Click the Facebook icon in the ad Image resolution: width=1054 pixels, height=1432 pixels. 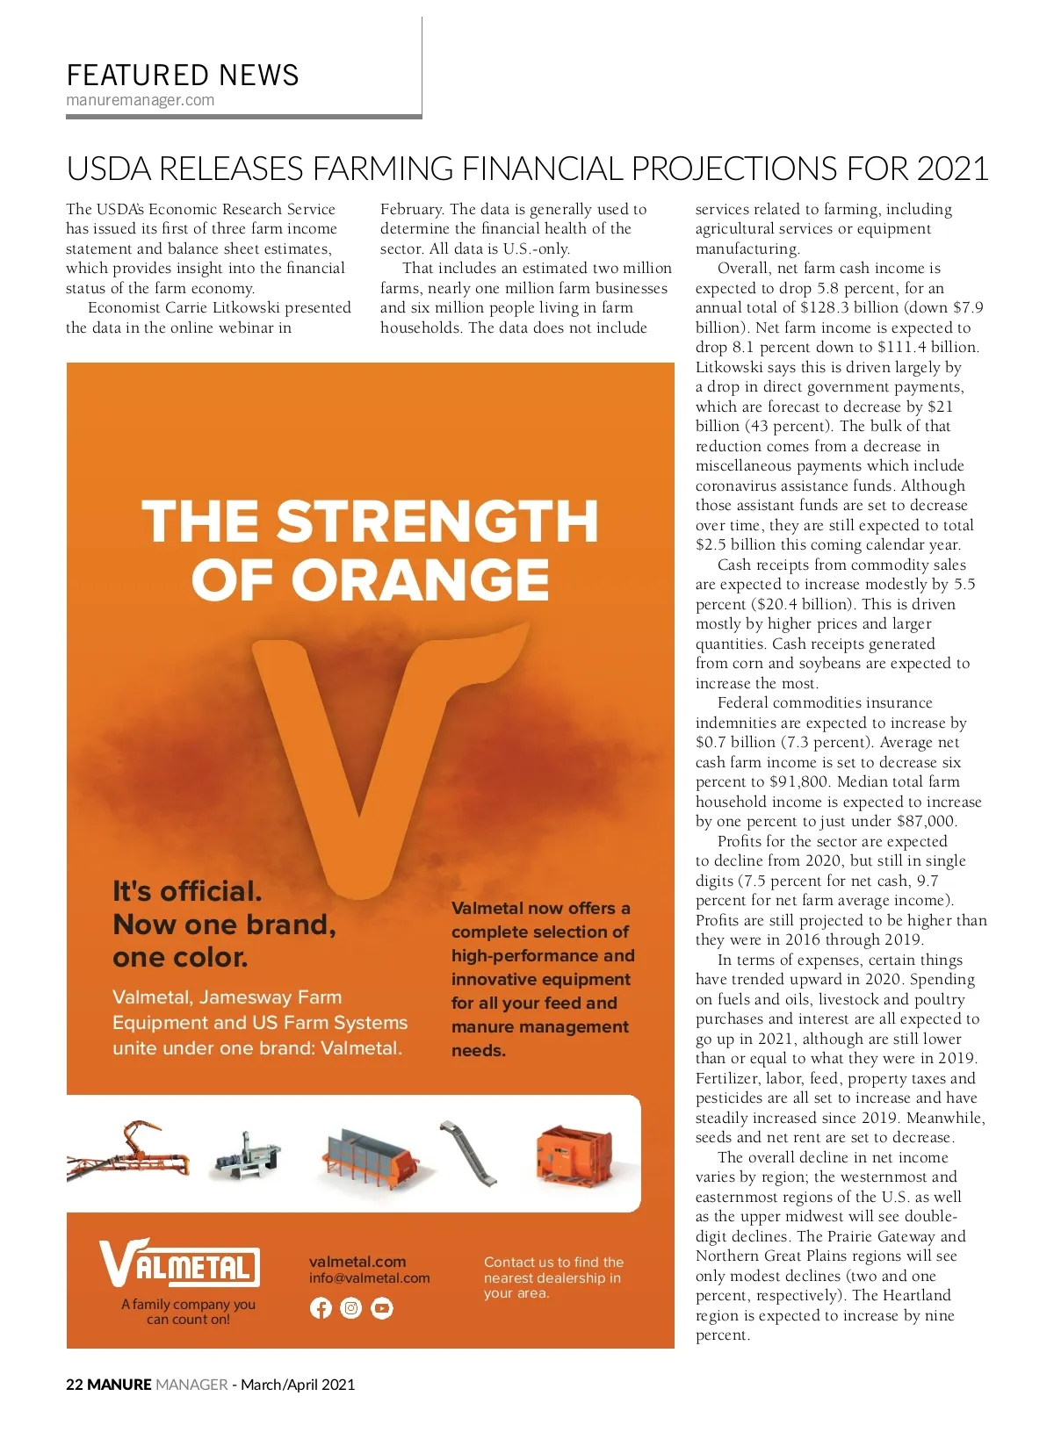(321, 1308)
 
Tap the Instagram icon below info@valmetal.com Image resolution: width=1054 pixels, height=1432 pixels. (351, 1308)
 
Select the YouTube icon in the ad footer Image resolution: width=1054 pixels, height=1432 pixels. (382, 1308)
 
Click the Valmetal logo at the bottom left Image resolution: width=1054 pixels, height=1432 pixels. (179, 1264)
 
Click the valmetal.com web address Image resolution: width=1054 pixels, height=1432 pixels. (357, 1262)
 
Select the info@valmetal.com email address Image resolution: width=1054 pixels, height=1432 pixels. (369, 1278)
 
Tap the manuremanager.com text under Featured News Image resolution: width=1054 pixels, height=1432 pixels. (141, 100)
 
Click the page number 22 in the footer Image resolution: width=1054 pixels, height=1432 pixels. (75, 1385)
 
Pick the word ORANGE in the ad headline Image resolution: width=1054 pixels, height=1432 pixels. (420, 580)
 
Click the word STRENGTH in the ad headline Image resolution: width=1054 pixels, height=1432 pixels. (437, 522)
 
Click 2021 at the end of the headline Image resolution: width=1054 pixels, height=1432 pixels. (952, 169)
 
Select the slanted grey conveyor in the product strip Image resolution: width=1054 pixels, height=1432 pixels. (469, 1152)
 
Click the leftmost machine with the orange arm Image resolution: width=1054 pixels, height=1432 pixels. (127, 1150)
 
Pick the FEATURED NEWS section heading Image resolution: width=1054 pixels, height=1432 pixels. (183, 76)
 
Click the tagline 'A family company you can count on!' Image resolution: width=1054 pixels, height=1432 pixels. (188, 1312)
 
